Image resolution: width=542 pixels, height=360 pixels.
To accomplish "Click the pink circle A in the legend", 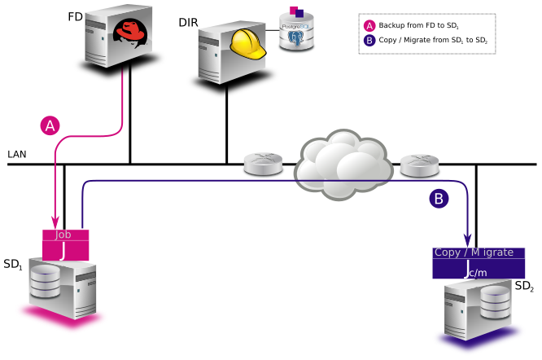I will pos(369,25).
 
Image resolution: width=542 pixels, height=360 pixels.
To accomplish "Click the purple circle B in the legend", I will pos(369,39).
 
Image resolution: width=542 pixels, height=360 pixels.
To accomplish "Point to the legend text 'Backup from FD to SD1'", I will pos(419,25).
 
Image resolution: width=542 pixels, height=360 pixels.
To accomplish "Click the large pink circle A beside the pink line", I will pos(50,125).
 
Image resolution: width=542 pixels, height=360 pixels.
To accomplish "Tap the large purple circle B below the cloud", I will pos(439,198).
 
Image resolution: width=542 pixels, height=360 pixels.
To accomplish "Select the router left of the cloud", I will pos(263,164).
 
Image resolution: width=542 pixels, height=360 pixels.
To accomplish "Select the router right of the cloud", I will pos(420,165).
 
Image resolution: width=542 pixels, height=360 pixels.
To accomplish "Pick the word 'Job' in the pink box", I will pos(63,235).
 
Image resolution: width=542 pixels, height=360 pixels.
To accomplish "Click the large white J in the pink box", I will pos(63,251).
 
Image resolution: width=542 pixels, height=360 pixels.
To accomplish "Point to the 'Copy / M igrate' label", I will pos(474,252).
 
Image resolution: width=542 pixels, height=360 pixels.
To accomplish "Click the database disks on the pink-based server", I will pos(46,282).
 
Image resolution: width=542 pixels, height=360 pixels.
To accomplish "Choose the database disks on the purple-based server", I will pos(495,302).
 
